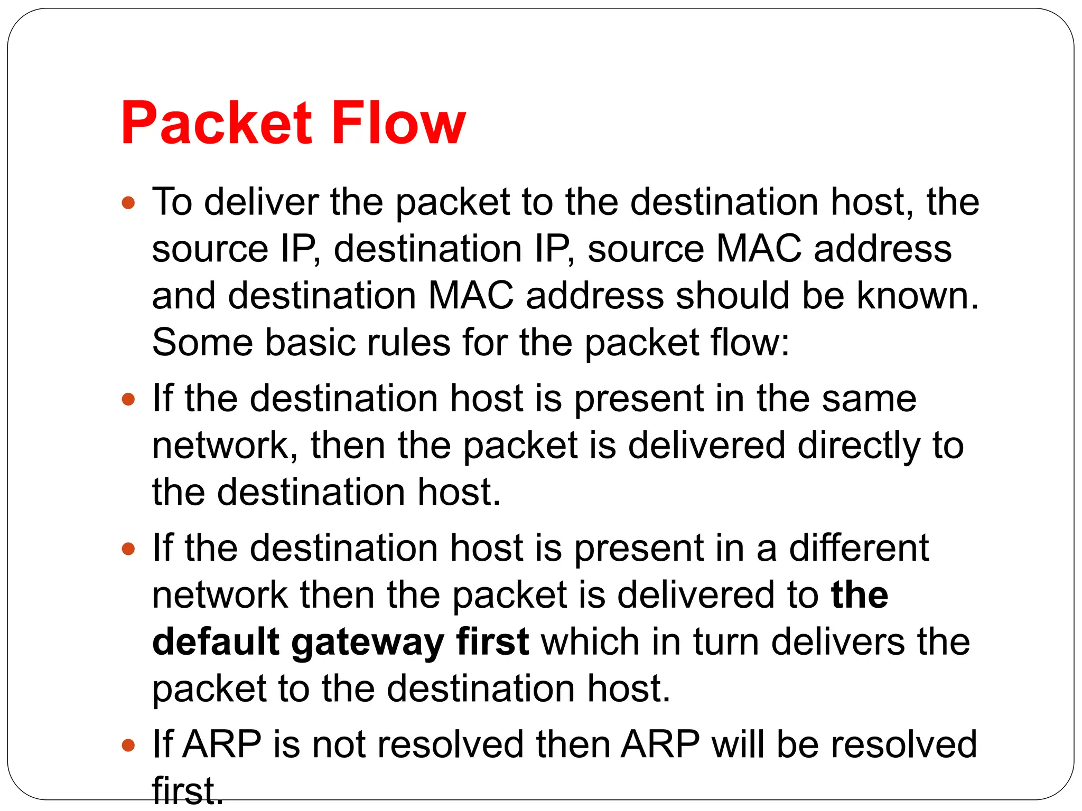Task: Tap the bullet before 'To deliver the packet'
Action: [x=128, y=203]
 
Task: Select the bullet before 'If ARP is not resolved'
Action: [x=128, y=746]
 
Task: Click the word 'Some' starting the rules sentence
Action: [x=202, y=343]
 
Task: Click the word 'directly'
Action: [x=859, y=446]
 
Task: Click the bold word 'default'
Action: [x=216, y=643]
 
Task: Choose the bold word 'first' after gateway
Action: [x=492, y=643]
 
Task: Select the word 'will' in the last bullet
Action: [x=738, y=745]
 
